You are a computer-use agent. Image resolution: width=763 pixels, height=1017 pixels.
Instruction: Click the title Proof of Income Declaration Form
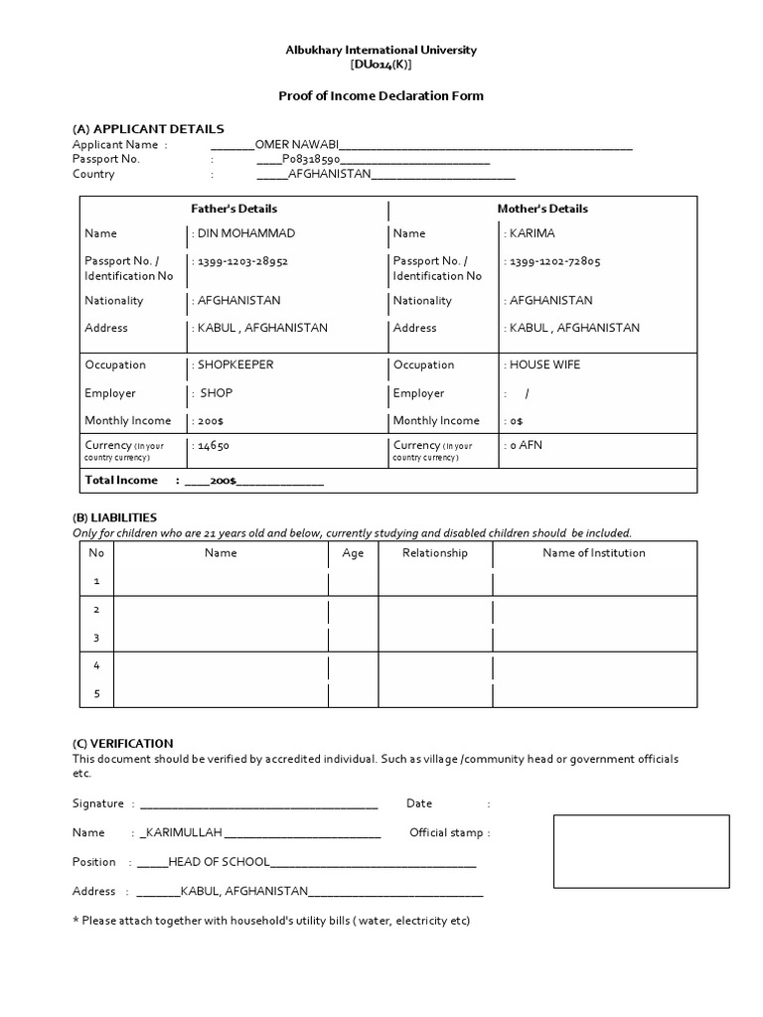[381, 96]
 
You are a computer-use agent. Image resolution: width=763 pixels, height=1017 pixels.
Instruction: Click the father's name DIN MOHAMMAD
[246, 234]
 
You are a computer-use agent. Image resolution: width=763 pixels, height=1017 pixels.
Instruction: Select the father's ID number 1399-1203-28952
[242, 262]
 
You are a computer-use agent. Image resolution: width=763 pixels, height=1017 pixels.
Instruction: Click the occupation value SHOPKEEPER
[235, 365]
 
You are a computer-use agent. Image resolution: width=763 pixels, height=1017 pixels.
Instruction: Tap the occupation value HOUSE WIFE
[544, 365]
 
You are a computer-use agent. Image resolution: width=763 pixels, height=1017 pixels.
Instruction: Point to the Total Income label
[121, 481]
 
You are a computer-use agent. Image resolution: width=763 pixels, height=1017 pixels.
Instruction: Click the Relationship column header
[434, 553]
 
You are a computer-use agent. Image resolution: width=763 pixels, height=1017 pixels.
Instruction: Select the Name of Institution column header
[593, 553]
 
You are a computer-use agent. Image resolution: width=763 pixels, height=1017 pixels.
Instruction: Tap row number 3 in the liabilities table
[96, 638]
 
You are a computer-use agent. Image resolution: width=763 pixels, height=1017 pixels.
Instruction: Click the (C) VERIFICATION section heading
[122, 743]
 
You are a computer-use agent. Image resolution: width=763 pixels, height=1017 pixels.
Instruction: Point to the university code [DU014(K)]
[381, 65]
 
